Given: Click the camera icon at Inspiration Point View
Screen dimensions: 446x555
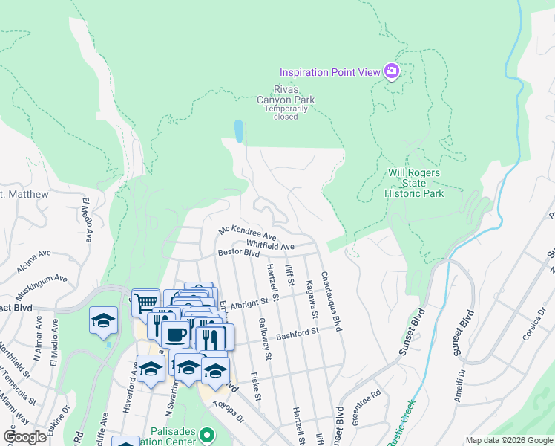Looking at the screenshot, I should [x=391, y=71].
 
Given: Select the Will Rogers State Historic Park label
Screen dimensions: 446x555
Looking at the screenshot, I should [x=414, y=183].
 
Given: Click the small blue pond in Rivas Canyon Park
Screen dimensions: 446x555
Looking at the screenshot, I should [x=238, y=132].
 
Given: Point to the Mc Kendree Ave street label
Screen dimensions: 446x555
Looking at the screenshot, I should [x=246, y=230].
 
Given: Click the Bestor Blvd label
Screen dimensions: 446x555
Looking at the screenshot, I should [x=238, y=253].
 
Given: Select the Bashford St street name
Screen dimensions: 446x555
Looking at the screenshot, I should [x=297, y=334].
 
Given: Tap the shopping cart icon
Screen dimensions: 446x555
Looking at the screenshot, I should [x=146, y=301].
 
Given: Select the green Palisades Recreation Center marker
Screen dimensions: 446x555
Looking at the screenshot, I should [x=207, y=433].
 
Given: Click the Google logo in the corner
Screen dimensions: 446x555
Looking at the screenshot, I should [x=25, y=437].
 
